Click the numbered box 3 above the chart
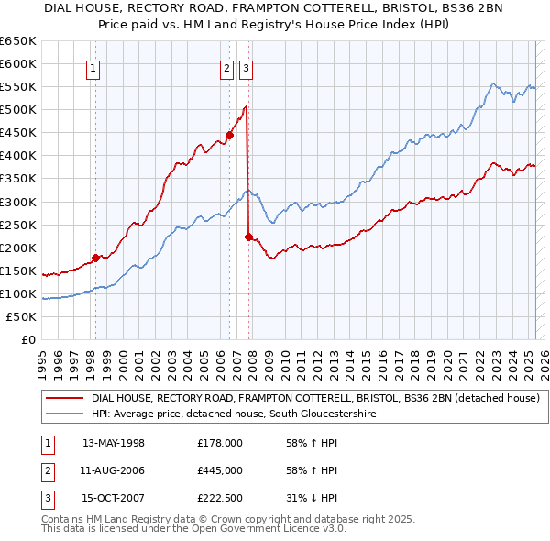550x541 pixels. (x=247, y=67)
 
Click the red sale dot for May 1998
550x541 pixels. (x=95, y=258)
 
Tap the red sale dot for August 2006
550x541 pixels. (x=229, y=135)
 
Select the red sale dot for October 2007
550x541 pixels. (x=248, y=237)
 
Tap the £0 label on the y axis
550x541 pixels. (x=28, y=339)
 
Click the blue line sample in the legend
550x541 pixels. (x=64, y=414)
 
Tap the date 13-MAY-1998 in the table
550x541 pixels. (x=114, y=444)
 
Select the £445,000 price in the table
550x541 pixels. (x=220, y=471)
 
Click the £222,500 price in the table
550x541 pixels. (x=220, y=500)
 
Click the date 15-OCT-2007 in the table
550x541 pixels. (x=114, y=500)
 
